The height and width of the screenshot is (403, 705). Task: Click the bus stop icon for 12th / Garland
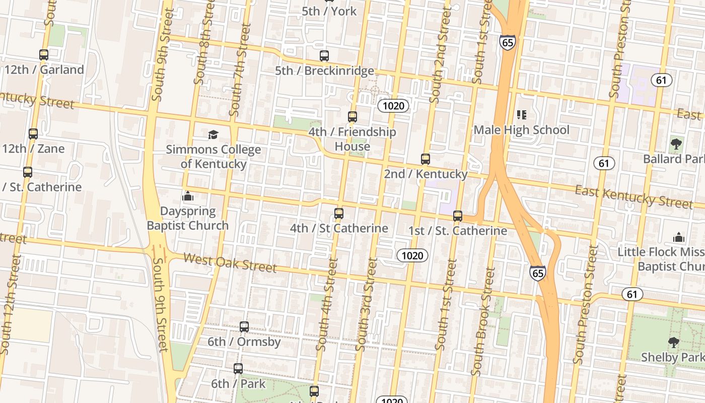point(44,55)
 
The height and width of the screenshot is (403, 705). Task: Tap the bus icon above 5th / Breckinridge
point(324,56)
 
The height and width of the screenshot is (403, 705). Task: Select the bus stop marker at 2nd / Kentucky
point(426,160)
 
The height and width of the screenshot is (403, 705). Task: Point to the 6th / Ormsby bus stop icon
point(244,327)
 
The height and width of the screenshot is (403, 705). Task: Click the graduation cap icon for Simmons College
point(214,135)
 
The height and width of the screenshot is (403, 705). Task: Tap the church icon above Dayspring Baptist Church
point(188,196)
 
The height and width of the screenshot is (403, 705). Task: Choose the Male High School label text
point(521,130)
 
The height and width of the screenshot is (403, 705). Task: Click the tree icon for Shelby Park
point(673,343)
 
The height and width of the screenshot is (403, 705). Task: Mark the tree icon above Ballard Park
point(676,145)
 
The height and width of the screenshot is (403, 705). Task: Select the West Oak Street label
point(230,262)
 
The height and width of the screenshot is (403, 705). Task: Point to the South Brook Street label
point(483,321)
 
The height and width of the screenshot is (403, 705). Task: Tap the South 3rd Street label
point(367,305)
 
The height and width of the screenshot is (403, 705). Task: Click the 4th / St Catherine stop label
point(339,228)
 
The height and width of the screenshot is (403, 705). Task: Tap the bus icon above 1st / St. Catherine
point(458,216)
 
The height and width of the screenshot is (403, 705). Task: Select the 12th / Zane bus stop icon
point(33,134)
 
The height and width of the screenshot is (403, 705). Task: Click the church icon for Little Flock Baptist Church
point(679,237)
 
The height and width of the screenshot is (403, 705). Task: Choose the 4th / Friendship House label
point(352,139)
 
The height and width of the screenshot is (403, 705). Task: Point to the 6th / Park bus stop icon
point(238,369)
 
